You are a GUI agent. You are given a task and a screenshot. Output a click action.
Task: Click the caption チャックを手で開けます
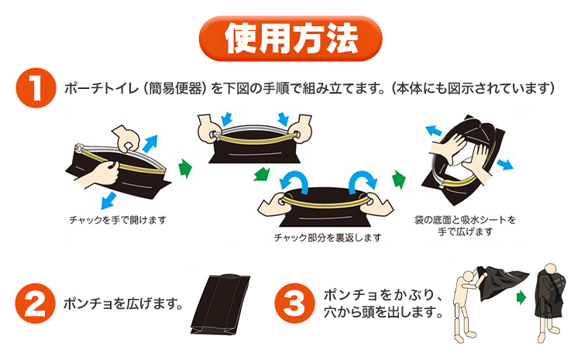[117, 220]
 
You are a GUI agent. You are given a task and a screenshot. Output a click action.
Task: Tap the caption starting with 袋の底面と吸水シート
[465, 220]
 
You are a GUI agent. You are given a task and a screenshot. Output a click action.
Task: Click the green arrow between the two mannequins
[521, 297]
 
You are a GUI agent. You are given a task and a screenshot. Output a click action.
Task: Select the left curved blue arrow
[294, 180]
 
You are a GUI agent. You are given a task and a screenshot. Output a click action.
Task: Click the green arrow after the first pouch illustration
[184, 166]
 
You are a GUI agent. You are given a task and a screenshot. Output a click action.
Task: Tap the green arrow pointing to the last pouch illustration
[399, 180]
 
